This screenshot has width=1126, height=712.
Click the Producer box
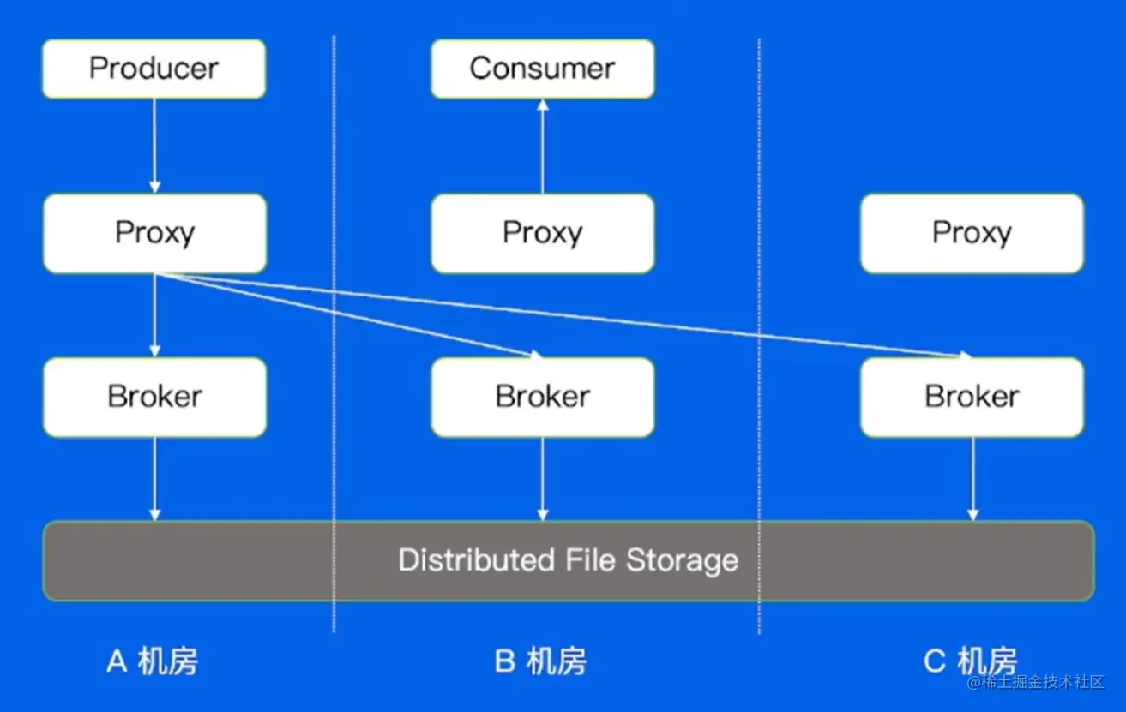pyautogui.click(x=154, y=69)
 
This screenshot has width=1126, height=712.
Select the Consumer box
pyautogui.click(x=542, y=69)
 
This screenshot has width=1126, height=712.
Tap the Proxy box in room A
pyautogui.click(x=154, y=233)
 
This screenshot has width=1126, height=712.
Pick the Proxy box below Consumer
pyautogui.click(x=542, y=233)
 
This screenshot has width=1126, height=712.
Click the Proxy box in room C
pyautogui.click(x=972, y=233)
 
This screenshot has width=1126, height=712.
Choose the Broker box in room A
pyautogui.click(x=154, y=397)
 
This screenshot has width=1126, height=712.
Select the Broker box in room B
pyautogui.click(x=542, y=397)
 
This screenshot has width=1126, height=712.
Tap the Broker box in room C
pyautogui.click(x=972, y=397)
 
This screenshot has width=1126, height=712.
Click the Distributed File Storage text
pyautogui.click(x=568, y=560)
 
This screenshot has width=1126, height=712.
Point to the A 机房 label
pyautogui.click(x=152, y=661)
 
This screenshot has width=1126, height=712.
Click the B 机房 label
pyautogui.click(x=540, y=661)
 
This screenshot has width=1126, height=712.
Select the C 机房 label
pyautogui.click(x=970, y=661)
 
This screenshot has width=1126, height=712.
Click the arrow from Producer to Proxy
pyautogui.click(x=154, y=146)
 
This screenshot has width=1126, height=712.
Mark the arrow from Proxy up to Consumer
pyautogui.click(x=542, y=146)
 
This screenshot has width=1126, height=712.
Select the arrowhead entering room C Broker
pyautogui.click(x=965, y=355)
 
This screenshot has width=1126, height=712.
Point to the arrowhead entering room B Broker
pyautogui.click(x=536, y=354)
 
